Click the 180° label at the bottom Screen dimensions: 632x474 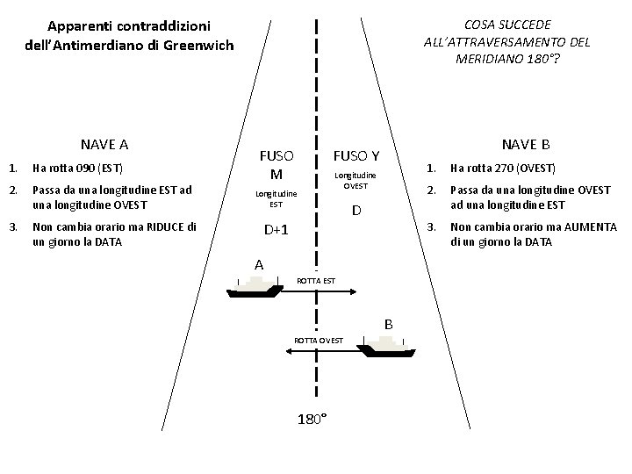[x=313, y=419]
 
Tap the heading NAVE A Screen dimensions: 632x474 [x=105, y=144]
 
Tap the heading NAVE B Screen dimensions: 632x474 [x=526, y=144]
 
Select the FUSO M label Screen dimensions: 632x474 [x=276, y=163]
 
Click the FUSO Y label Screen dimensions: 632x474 [x=355, y=156]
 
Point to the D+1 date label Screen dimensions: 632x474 [x=277, y=229]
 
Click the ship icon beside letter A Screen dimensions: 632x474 [x=256, y=286]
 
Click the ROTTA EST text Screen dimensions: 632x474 [x=316, y=281]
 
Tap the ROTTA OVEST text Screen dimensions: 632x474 [x=319, y=340]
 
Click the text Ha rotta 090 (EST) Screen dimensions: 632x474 [x=77, y=168]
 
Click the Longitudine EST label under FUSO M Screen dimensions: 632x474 [x=276, y=198]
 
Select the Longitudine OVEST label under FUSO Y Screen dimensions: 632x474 [x=355, y=181]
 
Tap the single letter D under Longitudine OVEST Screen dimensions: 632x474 [x=356, y=211]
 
